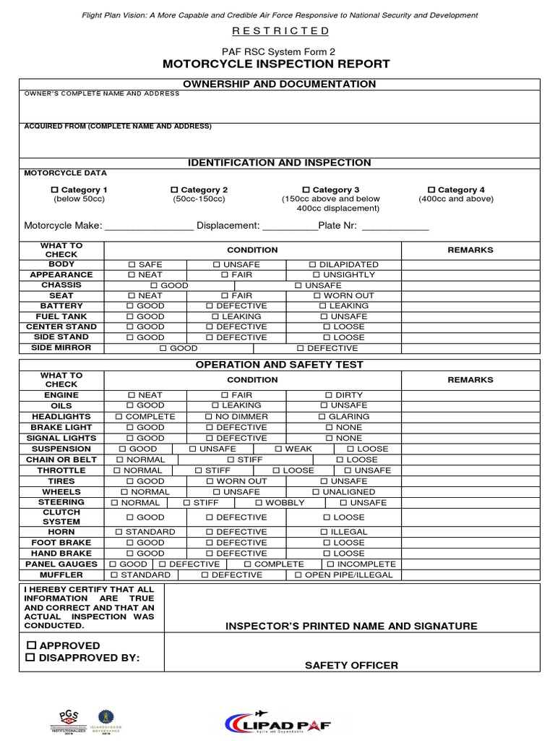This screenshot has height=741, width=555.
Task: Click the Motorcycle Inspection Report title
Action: pos(277,64)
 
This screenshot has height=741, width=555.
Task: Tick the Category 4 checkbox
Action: pos(431,190)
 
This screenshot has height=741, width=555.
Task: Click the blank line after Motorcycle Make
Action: pos(150,226)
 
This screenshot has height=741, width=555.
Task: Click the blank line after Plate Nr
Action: pos(395,226)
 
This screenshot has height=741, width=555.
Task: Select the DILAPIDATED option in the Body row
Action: pos(312,265)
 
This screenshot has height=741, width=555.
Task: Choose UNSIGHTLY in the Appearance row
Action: pos(317,275)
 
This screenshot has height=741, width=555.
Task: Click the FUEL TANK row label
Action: pos(61,316)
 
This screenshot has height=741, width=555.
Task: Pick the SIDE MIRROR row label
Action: pos(61,348)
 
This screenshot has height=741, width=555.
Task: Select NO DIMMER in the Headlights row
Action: pos(209,417)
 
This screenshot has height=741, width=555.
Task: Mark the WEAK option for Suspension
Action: pos(279,449)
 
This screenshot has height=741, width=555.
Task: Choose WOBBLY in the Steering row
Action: pos(259,502)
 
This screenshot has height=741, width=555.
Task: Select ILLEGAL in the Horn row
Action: pos(325,532)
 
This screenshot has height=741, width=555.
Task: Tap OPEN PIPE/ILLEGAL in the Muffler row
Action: pos(298,575)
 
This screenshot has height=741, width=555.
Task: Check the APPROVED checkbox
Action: pos(30,645)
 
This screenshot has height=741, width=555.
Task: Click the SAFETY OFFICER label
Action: pos(351,666)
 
